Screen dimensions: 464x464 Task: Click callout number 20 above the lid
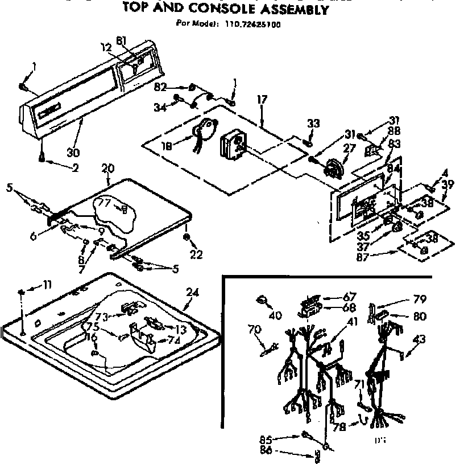tap(108, 168)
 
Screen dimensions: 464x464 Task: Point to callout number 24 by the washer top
tap(193, 293)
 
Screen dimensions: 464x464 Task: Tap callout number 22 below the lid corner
tap(196, 254)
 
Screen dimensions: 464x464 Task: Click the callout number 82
tap(161, 87)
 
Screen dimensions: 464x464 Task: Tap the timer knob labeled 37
tap(396, 228)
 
